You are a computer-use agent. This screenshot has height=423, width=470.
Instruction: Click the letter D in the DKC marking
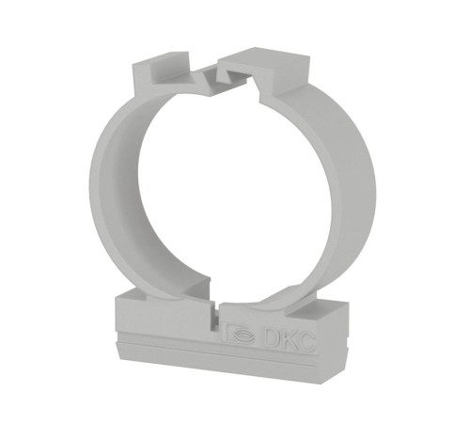click(270, 339)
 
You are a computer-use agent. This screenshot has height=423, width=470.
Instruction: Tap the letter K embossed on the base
click(286, 341)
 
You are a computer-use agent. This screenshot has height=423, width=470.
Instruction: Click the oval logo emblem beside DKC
click(244, 337)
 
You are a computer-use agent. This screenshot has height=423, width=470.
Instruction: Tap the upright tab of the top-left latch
click(143, 79)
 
